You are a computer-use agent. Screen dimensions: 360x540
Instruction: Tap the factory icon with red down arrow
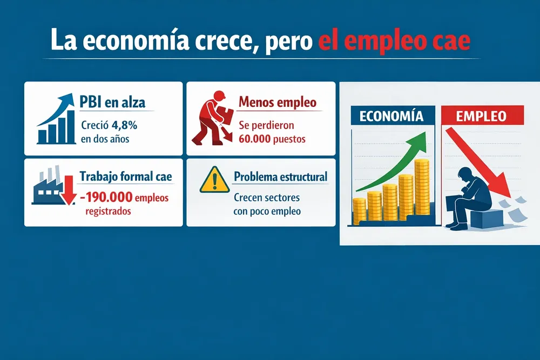(x=52, y=187)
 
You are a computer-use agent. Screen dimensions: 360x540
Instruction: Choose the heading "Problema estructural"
(x=281, y=176)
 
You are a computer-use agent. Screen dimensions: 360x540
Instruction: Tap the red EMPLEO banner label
(x=481, y=116)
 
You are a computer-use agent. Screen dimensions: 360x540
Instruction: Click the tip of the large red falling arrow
(x=511, y=195)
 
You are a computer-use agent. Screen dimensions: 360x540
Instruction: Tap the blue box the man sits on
(x=482, y=219)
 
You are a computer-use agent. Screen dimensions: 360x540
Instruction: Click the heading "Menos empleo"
(x=277, y=101)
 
